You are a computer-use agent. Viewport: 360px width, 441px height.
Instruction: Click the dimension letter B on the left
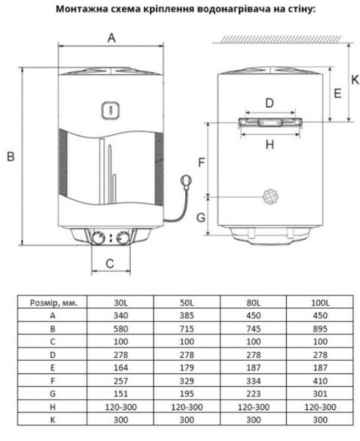[10, 156]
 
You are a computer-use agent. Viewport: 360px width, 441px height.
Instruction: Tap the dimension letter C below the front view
[109, 262]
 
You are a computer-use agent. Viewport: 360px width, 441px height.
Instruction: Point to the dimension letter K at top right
[354, 79]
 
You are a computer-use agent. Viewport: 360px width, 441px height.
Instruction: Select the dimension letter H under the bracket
[269, 145]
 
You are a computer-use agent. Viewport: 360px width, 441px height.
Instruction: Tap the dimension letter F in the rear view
[201, 160]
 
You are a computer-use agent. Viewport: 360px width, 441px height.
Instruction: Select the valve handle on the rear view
[270, 196]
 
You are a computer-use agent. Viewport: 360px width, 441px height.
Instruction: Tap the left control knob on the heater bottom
[97, 237]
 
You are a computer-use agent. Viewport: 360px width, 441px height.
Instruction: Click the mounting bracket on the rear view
[269, 121]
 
